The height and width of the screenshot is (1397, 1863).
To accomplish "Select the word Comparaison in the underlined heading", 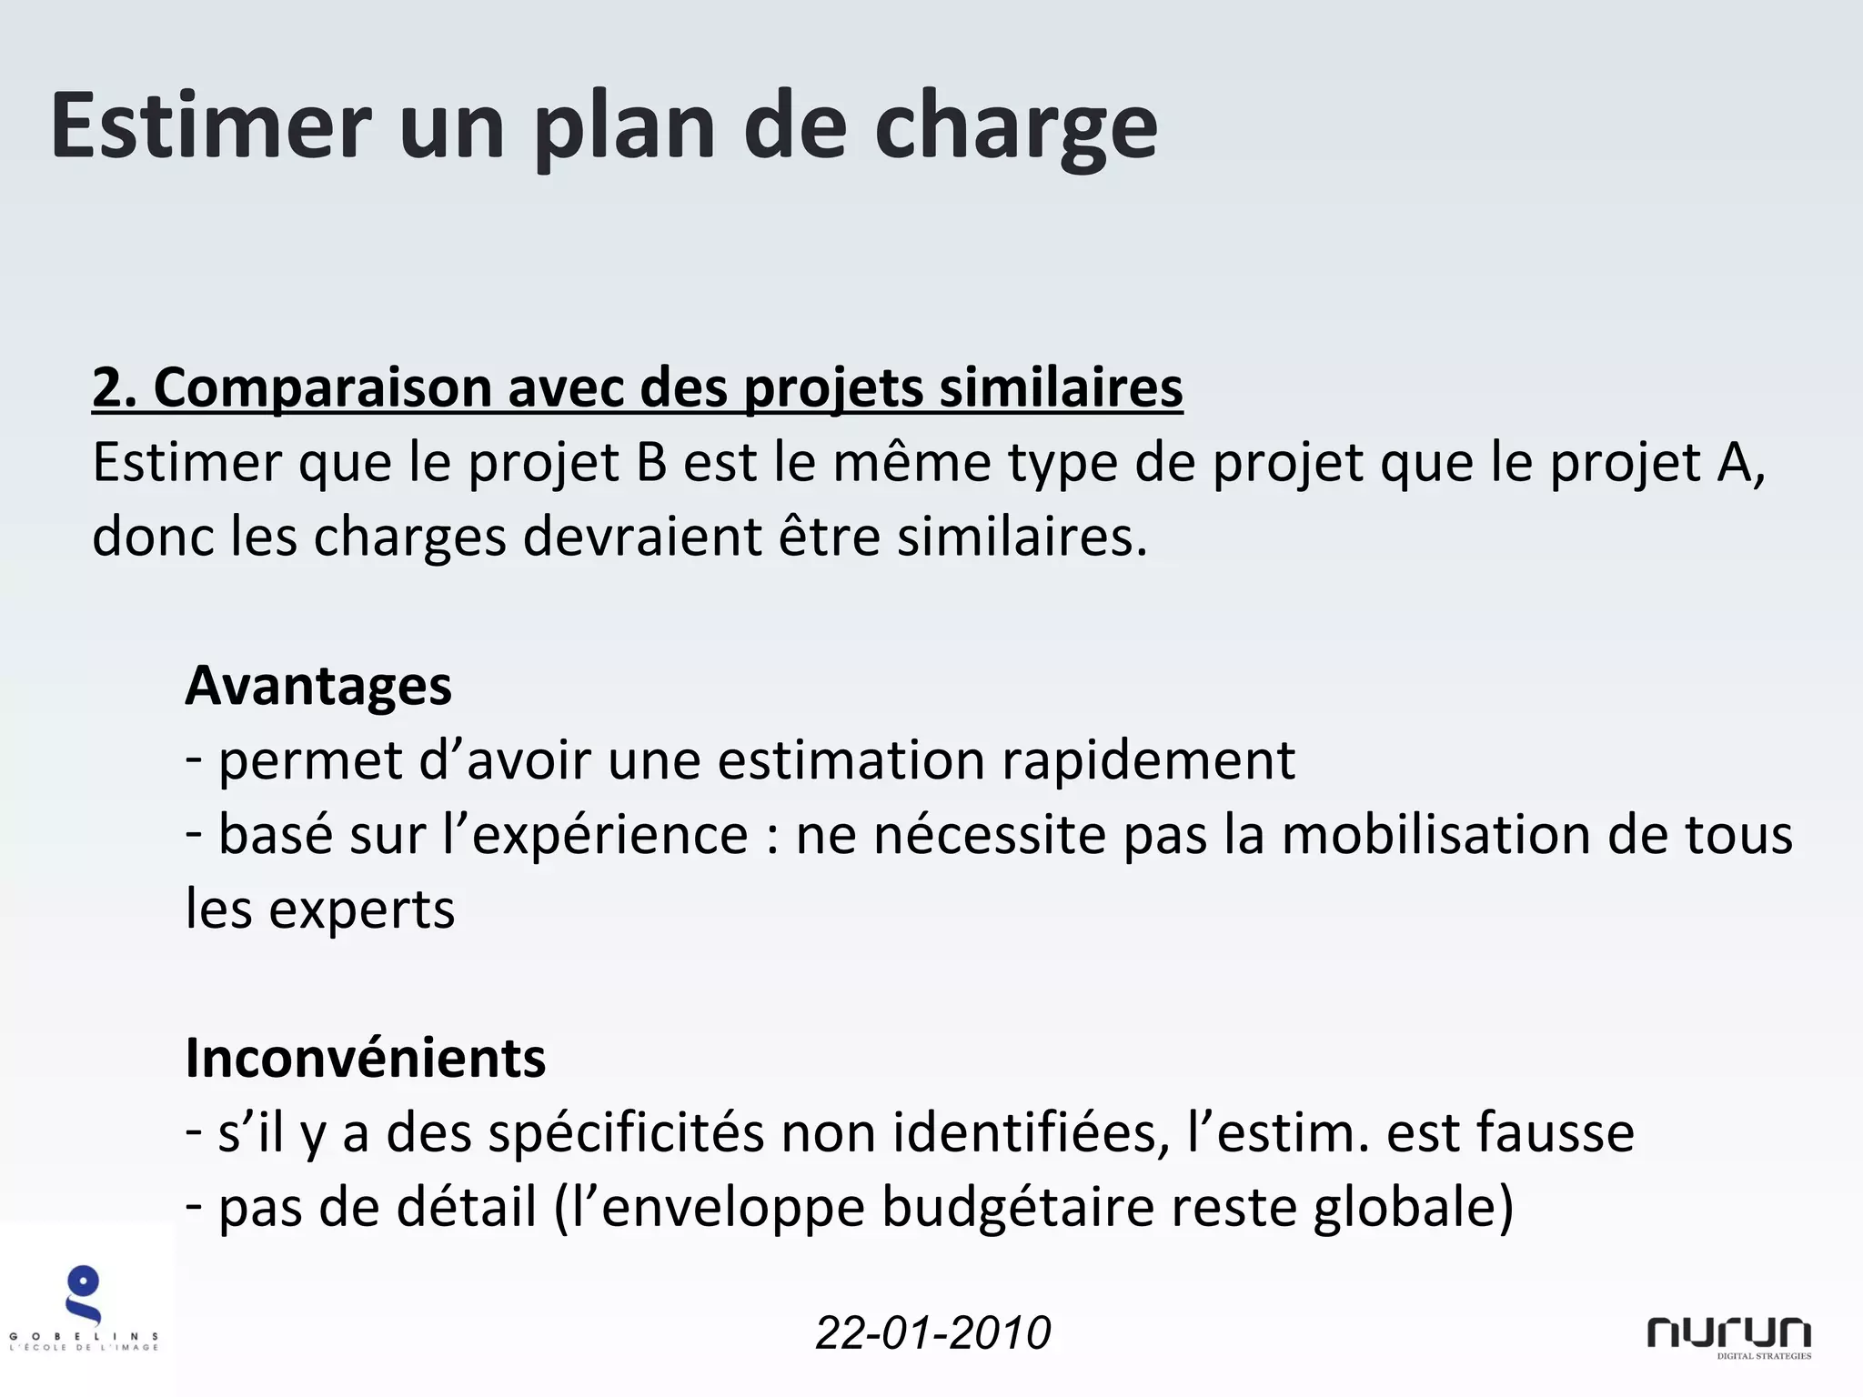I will tap(322, 387).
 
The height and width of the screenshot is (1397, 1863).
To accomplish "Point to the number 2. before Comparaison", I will tap(114, 387).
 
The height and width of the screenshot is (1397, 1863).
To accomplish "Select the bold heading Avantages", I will tap(318, 686).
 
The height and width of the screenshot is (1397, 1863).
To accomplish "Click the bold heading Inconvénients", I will tap(365, 1059).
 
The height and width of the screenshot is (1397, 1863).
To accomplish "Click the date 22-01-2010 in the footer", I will tap(932, 1333).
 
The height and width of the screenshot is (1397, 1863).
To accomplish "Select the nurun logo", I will tap(1728, 1335).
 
